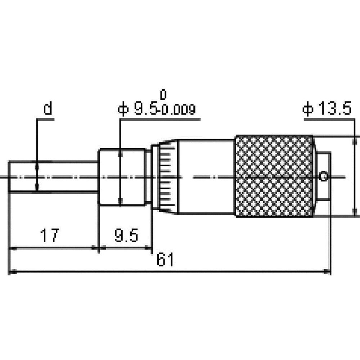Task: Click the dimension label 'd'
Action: click(x=48, y=109)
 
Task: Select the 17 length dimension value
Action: click(x=49, y=235)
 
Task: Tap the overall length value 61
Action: click(x=165, y=260)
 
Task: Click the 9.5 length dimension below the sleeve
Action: click(x=126, y=235)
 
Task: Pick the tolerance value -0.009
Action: click(x=176, y=110)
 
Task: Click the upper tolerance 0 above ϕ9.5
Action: click(x=163, y=95)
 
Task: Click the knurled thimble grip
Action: click(x=274, y=176)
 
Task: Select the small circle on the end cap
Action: click(x=324, y=176)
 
